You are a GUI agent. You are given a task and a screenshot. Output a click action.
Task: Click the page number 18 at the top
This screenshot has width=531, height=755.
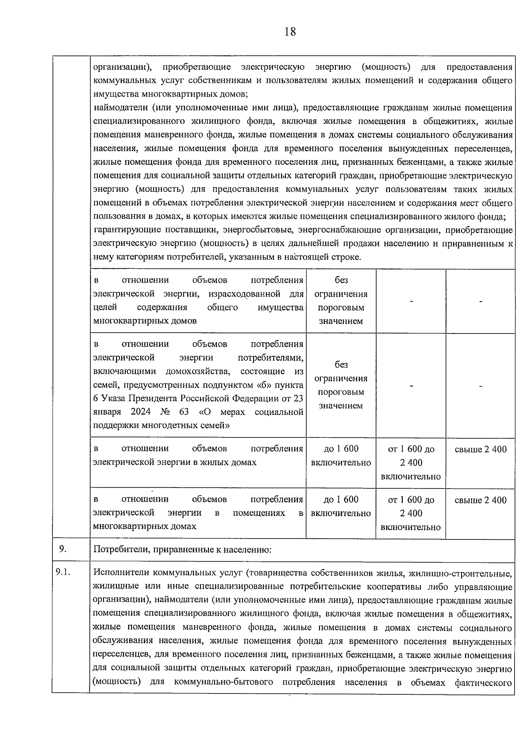pos(290,32)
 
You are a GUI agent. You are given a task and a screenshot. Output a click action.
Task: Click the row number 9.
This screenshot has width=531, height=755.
pos(63,549)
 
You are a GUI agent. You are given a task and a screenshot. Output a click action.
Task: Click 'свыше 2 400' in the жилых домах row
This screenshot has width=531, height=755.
pos(481,449)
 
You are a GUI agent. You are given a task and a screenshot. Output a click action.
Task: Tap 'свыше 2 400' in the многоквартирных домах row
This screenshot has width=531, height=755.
pos(481,500)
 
